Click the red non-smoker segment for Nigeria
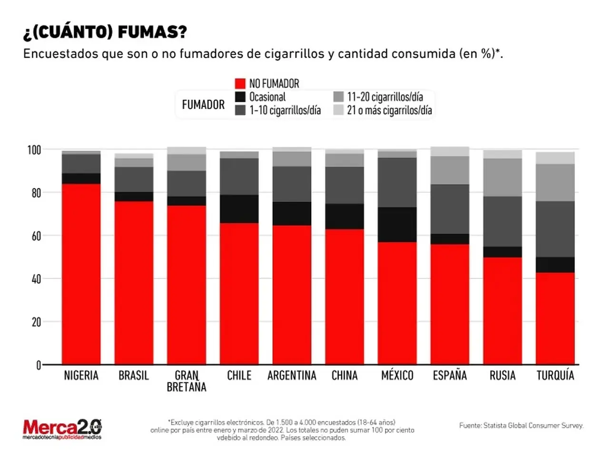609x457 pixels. (81, 274)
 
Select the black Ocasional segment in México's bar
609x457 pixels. (397, 225)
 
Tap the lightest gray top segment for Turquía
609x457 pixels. (555, 158)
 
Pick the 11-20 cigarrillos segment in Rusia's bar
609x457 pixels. (502, 178)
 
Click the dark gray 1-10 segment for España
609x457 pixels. (450, 209)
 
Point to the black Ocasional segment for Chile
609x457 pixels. (239, 209)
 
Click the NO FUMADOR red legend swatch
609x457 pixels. (240, 83)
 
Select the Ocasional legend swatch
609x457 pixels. (240, 97)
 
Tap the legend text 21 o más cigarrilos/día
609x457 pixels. (389, 110)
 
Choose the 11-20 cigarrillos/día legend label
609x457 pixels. (385, 97)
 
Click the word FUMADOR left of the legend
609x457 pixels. (203, 105)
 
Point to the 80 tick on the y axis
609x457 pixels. (36, 193)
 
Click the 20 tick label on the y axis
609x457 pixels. (36, 322)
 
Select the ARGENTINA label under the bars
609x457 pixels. (292, 376)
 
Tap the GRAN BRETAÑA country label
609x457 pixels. (187, 381)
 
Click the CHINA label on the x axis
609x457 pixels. (344, 376)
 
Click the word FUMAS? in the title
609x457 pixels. (152, 32)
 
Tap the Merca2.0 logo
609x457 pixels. (62, 429)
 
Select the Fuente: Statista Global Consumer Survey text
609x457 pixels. (521, 426)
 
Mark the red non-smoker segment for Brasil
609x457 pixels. (134, 283)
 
